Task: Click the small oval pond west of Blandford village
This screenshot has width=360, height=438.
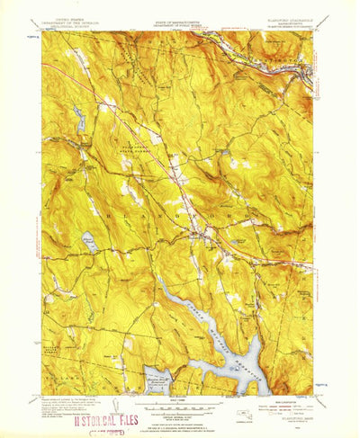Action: point(89,241)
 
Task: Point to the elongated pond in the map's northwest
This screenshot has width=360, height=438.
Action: point(78,116)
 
